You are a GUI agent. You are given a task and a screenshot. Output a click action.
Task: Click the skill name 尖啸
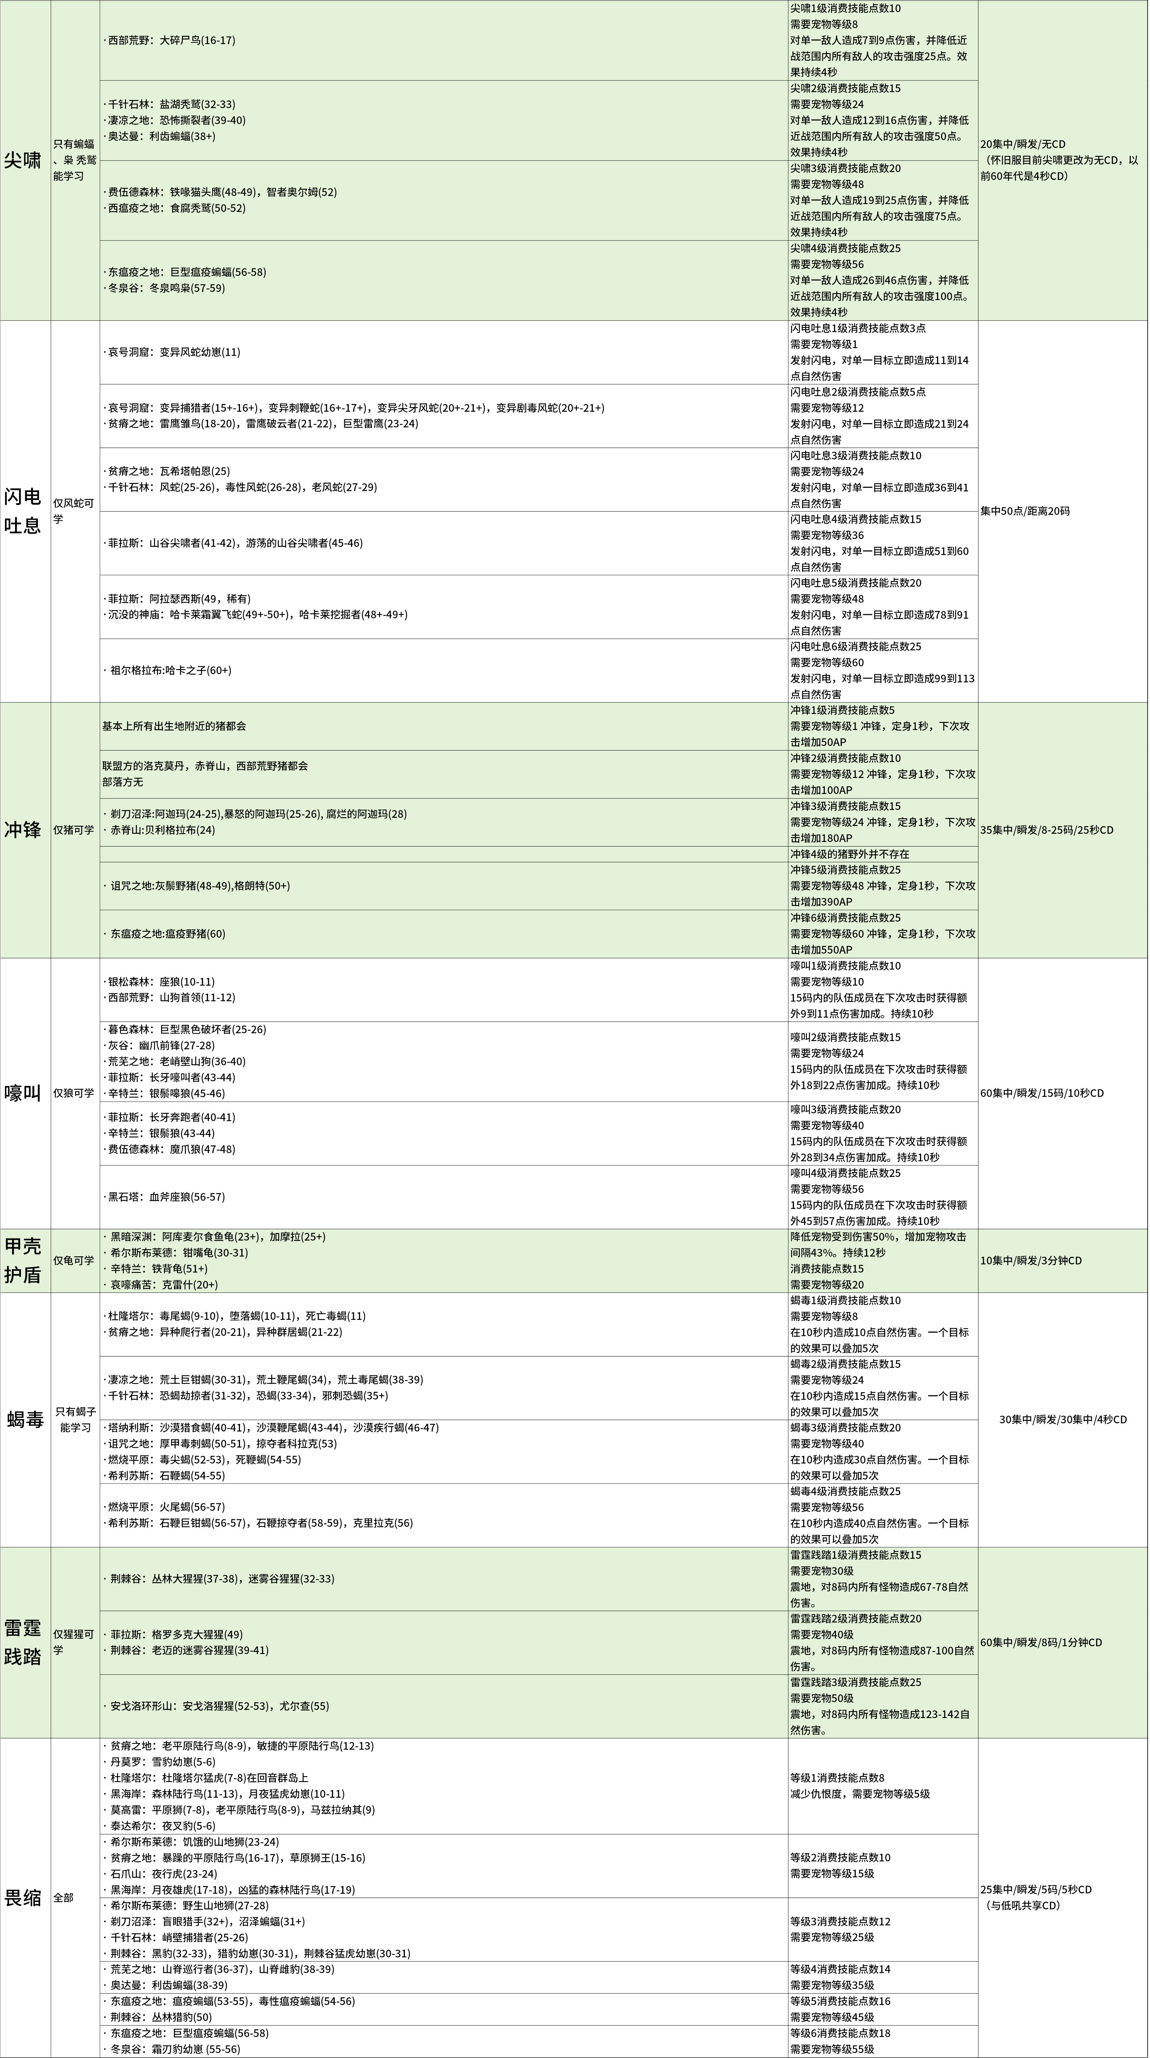pos(22,160)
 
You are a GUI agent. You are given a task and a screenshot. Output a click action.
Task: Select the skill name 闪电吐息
pos(22,511)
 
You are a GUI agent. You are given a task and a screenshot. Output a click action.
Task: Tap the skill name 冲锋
pos(22,830)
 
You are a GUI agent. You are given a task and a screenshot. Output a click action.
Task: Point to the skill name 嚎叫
pos(22,1093)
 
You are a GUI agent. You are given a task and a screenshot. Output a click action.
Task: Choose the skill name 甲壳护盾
pos(22,1260)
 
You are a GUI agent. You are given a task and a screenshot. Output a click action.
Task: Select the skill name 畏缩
pos(22,1898)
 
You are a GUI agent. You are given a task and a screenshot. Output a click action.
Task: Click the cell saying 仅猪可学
pos(74,830)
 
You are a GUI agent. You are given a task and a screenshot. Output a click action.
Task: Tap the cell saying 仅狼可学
pos(74,1093)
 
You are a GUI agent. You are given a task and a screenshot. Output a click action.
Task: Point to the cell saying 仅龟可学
pos(74,1260)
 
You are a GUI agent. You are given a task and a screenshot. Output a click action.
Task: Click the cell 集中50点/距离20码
pos(1025,511)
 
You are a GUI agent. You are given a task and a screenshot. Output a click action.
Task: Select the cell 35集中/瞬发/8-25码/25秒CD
pos(1046,830)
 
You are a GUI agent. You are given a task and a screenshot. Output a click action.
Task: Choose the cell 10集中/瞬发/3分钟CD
pos(1031,1260)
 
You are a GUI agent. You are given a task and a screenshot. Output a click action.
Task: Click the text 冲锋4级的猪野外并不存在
pos(850,854)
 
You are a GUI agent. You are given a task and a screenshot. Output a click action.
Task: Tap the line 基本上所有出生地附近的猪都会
pos(174,726)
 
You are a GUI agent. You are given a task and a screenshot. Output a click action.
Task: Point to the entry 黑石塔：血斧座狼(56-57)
pos(166,1197)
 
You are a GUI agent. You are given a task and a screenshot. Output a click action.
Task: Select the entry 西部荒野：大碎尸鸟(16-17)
pos(171,40)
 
